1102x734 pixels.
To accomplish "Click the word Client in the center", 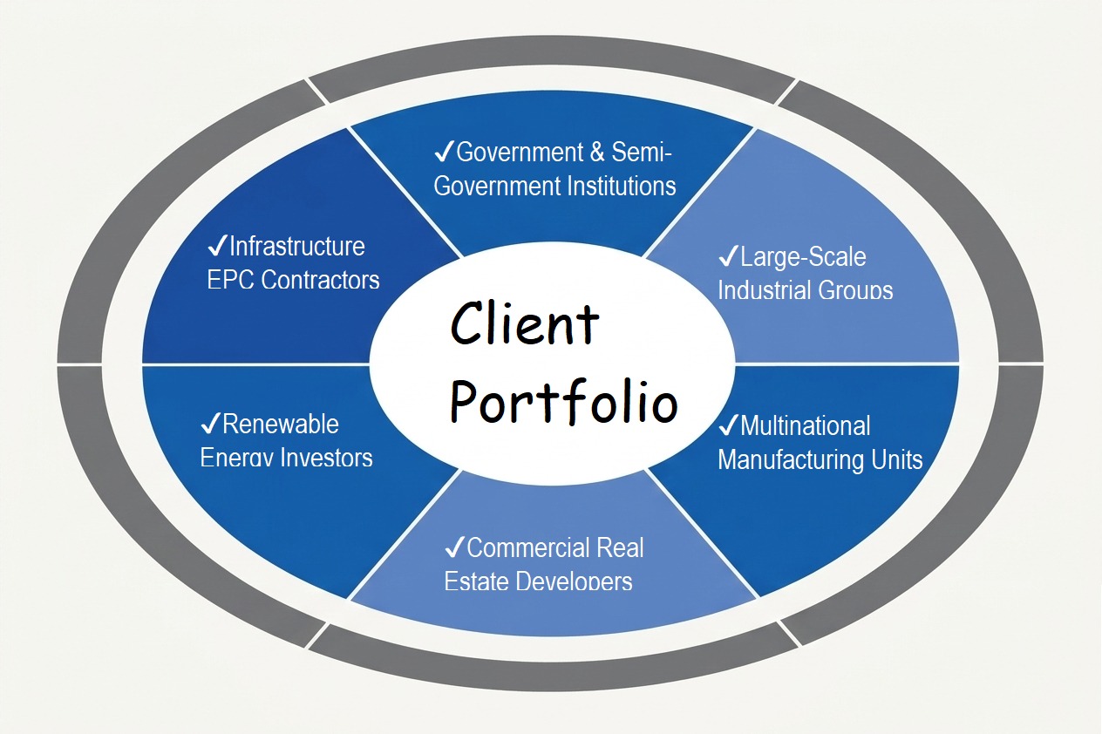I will (525, 325).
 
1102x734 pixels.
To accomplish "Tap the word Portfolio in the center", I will (563, 403).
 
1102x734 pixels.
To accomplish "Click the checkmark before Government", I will (444, 153).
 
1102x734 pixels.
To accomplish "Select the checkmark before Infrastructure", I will (216, 246).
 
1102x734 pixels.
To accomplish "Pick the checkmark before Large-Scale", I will (727, 257).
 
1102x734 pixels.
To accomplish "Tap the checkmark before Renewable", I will (210, 425).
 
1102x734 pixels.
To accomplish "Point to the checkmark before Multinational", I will (728, 426).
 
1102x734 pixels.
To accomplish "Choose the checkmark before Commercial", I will (454, 547).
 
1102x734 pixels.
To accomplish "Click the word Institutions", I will (622, 186).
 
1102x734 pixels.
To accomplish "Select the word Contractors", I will (320, 280).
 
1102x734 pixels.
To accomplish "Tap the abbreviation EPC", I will (231, 280).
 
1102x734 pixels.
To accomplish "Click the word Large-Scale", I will (803, 257).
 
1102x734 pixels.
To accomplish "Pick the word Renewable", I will (281, 425).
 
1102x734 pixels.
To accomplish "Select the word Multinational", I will (805, 426).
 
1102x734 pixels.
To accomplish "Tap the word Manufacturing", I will (796, 459).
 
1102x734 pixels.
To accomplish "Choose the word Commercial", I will (516, 547).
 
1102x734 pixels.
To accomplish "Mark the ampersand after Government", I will (597, 153).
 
